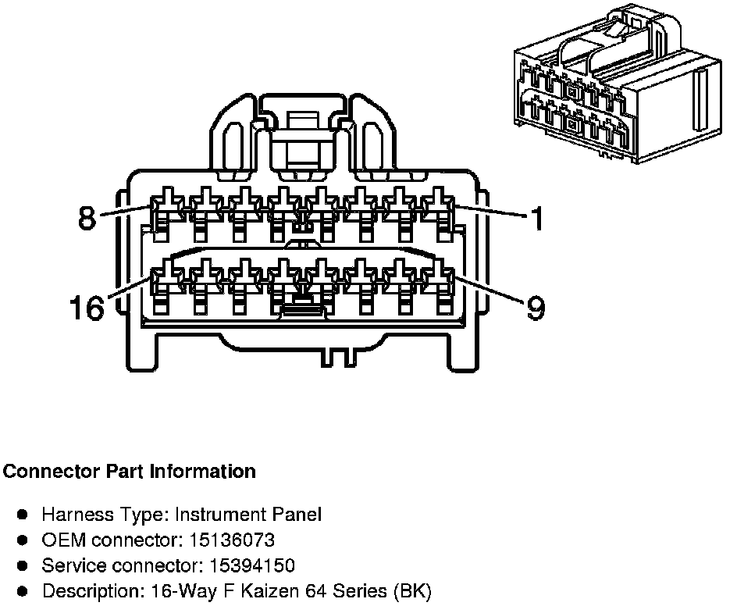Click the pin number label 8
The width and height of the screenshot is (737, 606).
click(x=87, y=217)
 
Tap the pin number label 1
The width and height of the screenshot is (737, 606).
click(x=536, y=219)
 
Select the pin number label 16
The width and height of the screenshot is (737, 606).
click(x=86, y=308)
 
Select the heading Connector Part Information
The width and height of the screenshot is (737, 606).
click(x=130, y=472)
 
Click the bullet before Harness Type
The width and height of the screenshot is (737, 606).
click(x=23, y=515)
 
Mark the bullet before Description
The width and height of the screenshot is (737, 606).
click(x=23, y=591)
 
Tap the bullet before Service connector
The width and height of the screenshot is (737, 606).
click(x=23, y=565)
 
